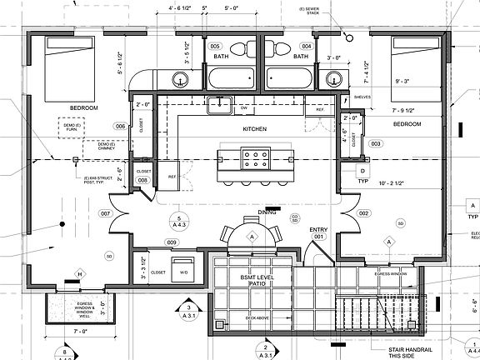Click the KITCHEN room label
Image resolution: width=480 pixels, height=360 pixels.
point(253,130)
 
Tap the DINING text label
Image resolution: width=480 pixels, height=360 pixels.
point(267,212)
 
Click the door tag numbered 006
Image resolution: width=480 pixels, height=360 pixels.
point(120,126)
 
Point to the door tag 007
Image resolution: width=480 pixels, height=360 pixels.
point(106,214)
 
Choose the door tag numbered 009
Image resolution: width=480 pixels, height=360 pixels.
point(171,242)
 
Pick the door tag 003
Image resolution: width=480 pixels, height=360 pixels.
point(375,143)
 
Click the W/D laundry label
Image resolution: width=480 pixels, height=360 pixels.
point(183,272)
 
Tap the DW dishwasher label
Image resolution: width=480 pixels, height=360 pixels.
point(244,109)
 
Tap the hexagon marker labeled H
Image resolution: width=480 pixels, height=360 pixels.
point(80,274)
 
